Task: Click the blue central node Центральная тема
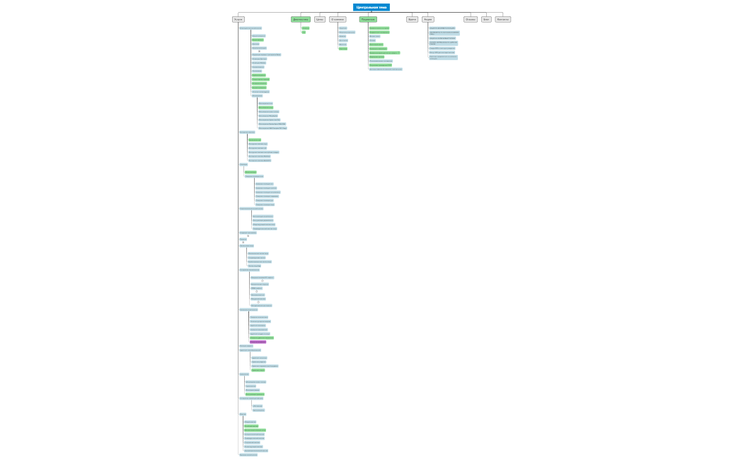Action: (371, 7)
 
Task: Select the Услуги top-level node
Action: (238, 19)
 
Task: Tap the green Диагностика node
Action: (300, 19)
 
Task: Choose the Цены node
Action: (320, 19)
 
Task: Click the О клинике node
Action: (337, 19)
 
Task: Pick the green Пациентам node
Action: (368, 19)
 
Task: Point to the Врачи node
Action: (412, 19)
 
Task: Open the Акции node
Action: (427, 19)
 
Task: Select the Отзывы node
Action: (471, 19)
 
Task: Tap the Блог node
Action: (486, 19)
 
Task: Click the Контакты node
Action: (503, 19)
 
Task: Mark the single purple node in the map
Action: (258, 342)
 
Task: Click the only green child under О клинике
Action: (343, 49)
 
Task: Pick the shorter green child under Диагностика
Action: (304, 32)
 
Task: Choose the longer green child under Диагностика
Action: (305, 28)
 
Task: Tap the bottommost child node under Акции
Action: (443, 57)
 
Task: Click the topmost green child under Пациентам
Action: (379, 28)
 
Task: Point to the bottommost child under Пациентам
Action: (386, 69)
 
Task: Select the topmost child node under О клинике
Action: (342, 28)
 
